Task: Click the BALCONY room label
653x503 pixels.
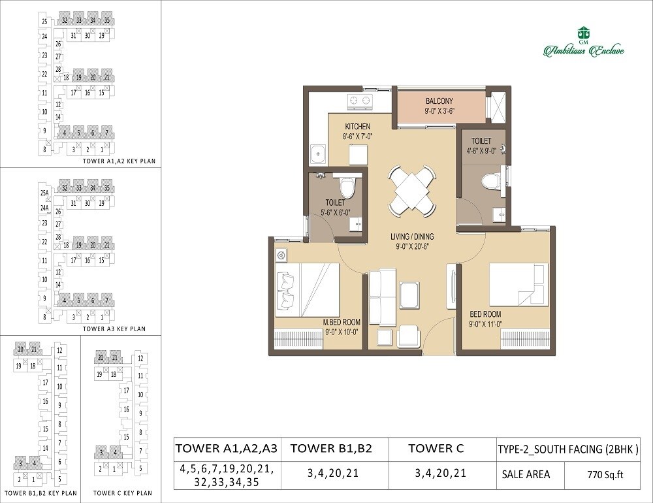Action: (439, 101)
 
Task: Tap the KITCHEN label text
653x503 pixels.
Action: (357, 127)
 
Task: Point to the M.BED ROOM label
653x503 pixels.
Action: (342, 322)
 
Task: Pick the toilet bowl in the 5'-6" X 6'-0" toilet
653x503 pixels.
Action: (347, 187)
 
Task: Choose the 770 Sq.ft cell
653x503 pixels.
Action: (603, 475)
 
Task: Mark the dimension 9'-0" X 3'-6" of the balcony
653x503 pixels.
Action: (439, 111)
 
